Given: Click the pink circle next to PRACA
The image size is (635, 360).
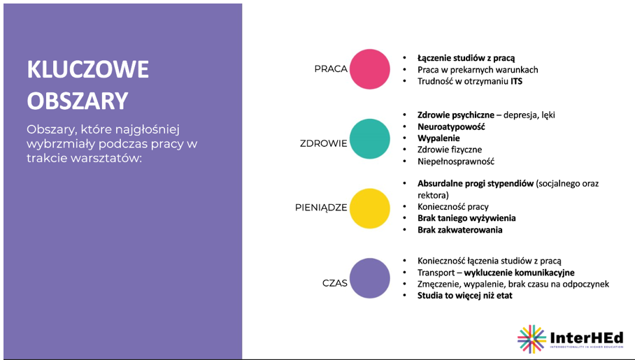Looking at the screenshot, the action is pyautogui.click(x=370, y=69).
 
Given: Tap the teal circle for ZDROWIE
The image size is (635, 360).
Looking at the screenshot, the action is pyautogui.click(x=370, y=139).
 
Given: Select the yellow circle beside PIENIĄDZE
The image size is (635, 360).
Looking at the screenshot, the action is pyautogui.click(x=370, y=208).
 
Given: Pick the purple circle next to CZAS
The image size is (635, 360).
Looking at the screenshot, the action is pyautogui.click(x=370, y=278).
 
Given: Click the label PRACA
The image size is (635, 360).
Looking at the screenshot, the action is pyautogui.click(x=331, y=69).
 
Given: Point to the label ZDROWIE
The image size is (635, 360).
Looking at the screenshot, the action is pyautogui.click(x=324, y=143).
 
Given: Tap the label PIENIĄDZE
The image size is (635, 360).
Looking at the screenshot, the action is pyautogui.click(x=321, y=208).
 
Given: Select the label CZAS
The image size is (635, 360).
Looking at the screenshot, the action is pyautogui.click(x=335, y=283).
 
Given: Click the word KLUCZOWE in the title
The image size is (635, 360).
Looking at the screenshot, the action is pyautogui.click(x=88, y=69).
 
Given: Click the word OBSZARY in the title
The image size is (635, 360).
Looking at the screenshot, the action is pyautogui.click(x=78, y=101).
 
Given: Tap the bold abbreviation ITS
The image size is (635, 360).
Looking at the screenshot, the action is pyautogui.click(x=516, y=81).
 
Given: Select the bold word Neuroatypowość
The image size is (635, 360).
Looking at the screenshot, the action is pyautogui.click(x=451, y=127).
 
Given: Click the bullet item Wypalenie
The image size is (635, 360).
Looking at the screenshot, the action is pyautogui.click(x=438, y=138).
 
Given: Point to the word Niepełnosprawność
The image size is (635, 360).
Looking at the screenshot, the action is pyautogui.click(x=456, y=161).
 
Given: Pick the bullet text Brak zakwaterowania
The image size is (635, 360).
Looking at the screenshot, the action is pyautogui.click(x=460, y=230).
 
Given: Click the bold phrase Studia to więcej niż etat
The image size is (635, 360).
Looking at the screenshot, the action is pyautogui.click(x=465, y=296).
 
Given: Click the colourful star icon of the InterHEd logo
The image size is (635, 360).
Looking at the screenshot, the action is pyautogui.click(x=531, y=339).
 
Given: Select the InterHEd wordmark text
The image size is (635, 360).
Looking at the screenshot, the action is pyautogui.click(x=587, y=338).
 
